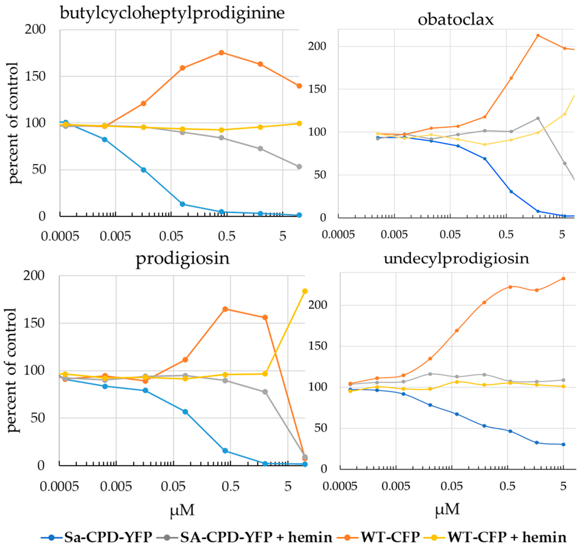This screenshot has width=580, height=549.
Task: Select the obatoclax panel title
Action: pyautogui.click(x=456, y=20)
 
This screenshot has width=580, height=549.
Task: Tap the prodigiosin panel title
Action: pyautogui.click(x=183, y=259)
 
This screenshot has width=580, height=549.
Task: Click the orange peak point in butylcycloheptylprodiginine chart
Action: pyautogui.click(x=222, y=53)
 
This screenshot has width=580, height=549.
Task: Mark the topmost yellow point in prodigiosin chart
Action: pyautogui.click(x=305, y=291)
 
